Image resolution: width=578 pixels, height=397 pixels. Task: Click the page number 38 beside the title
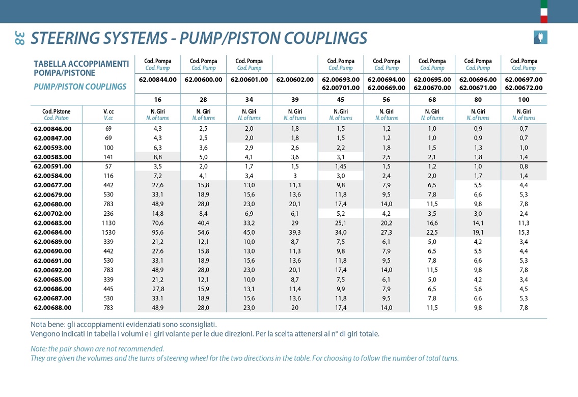[20, 38]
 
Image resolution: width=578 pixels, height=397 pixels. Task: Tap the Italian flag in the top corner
[544, 11]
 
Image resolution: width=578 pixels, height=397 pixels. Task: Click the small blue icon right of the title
[540, 37]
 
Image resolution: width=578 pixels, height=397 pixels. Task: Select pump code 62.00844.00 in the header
[158, 79]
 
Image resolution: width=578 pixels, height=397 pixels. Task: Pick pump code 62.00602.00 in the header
[295, 79]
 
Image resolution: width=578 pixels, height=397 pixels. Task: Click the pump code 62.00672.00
[524, 88]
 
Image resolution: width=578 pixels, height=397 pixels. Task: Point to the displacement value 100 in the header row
[524, 99]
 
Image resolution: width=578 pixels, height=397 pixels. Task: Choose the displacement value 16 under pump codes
[158, 99]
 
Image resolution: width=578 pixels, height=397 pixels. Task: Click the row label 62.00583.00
[53, 157]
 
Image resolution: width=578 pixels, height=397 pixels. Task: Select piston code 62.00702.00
[53, 214]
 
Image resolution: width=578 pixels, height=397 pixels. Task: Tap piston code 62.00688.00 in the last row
[53, 308]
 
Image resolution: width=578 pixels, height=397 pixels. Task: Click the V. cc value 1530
[108, 233]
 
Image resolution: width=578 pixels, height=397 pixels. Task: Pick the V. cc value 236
[108, 214]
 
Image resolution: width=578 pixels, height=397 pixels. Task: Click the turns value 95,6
[158, 233]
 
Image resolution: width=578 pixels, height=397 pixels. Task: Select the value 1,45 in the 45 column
[341, 166]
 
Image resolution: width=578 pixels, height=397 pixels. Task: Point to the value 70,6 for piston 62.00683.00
[158, 223]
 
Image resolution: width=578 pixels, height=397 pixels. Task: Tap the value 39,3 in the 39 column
[295, 233]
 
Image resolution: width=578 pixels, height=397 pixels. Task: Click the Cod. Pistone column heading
[57, 111]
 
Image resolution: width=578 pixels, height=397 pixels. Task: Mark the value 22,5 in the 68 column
[432, 233]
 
